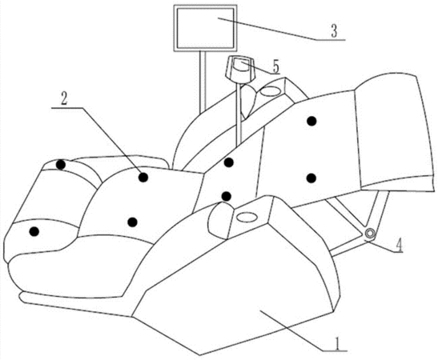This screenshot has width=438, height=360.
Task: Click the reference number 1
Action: point(338,343)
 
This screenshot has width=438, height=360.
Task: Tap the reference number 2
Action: point(64,99)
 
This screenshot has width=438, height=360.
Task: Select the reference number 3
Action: point(334,31)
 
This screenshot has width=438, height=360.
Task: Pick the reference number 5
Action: point(275,66)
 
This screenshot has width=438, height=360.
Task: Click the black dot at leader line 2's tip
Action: point(143,177)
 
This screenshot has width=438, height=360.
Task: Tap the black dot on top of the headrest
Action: point(60,165)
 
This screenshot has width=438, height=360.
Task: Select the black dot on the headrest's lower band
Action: point(34,231)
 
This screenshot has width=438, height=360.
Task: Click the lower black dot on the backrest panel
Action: point(132,222)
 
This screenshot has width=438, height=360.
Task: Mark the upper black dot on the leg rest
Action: point(311,121)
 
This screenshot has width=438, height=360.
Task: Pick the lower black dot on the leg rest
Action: point(311,178)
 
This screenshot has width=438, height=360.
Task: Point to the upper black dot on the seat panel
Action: point(229,162)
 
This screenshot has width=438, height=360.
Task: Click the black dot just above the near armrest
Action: point(226,196)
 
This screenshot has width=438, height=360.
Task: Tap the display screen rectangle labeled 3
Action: point(205,28)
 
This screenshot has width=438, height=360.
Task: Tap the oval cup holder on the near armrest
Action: point(247,217)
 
